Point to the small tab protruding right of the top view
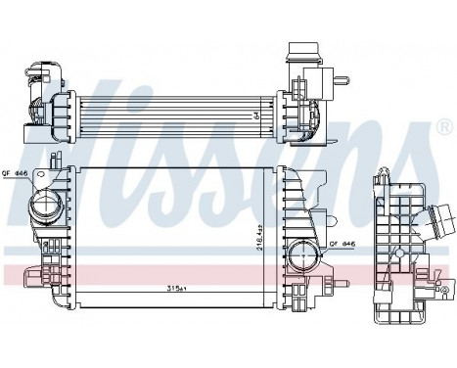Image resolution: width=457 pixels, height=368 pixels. click(x=340, y=74)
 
